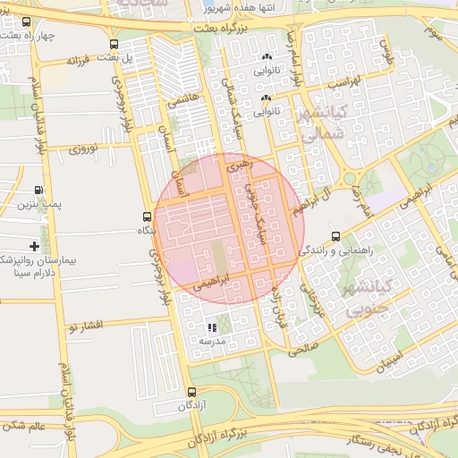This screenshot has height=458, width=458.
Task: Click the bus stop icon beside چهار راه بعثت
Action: coord(26,21)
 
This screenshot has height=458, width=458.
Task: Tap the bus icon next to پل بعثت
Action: coord(113,44)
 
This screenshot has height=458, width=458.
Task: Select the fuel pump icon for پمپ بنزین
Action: coord(38,191)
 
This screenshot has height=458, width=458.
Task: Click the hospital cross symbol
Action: coord(34,245)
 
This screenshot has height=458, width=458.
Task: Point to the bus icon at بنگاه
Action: coord(147,216)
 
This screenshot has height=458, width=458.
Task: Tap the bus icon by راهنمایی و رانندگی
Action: coord(335,236)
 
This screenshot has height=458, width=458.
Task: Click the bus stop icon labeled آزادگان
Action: coord(191,392)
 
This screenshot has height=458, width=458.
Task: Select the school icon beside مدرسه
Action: coord(212,328)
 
